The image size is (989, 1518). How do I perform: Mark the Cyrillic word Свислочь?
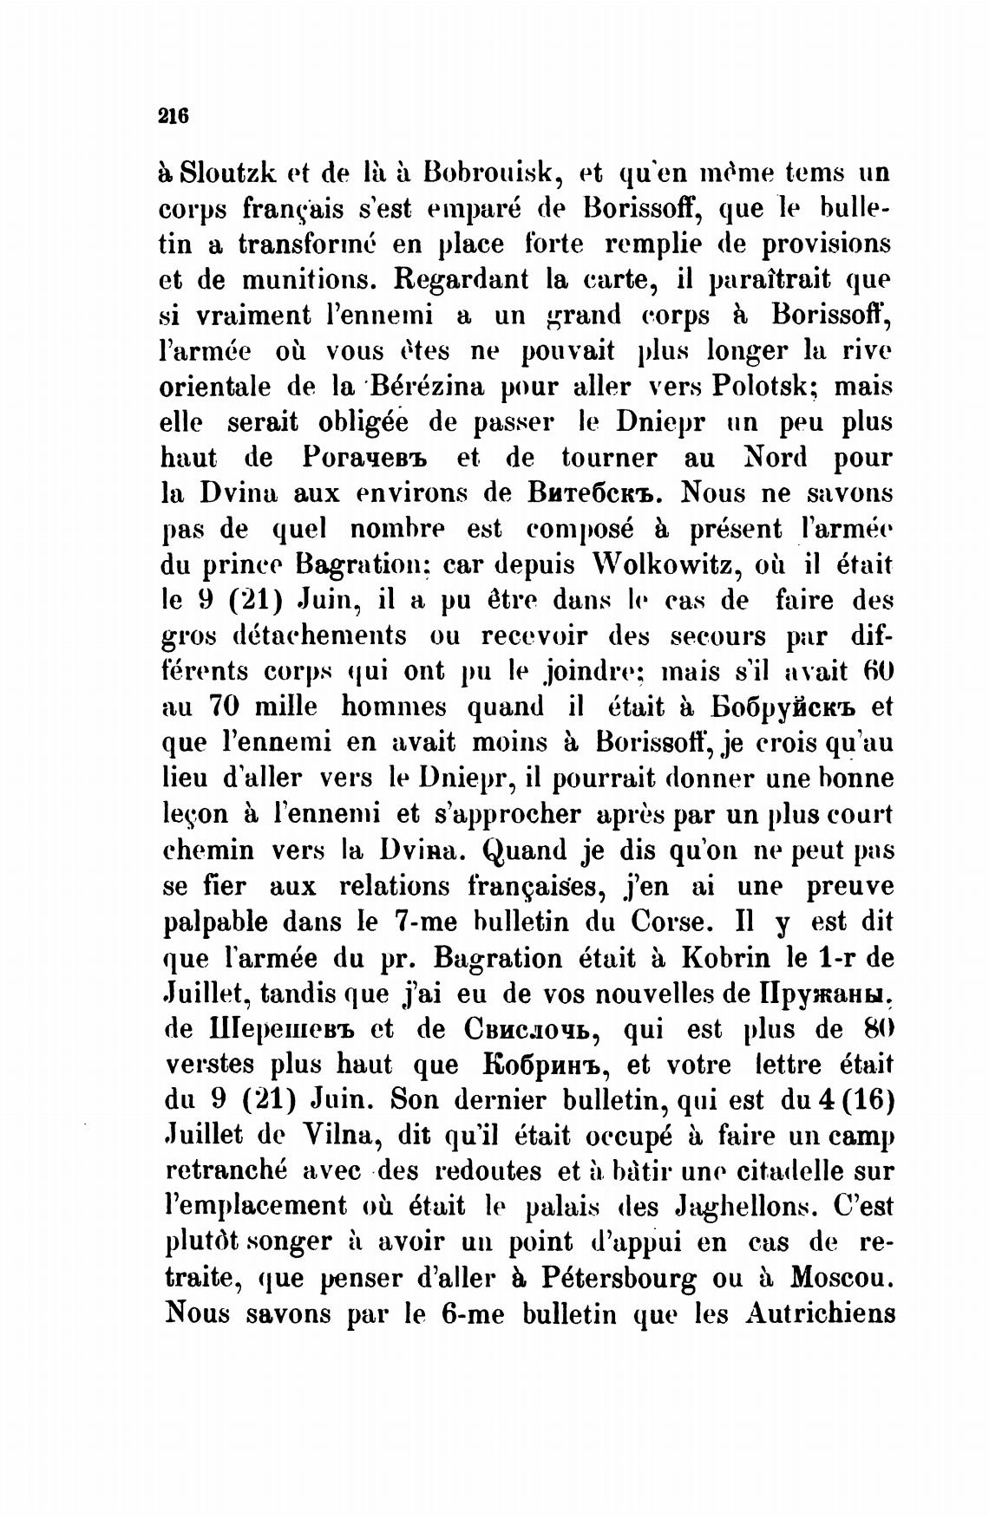[x=533, y=1029]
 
